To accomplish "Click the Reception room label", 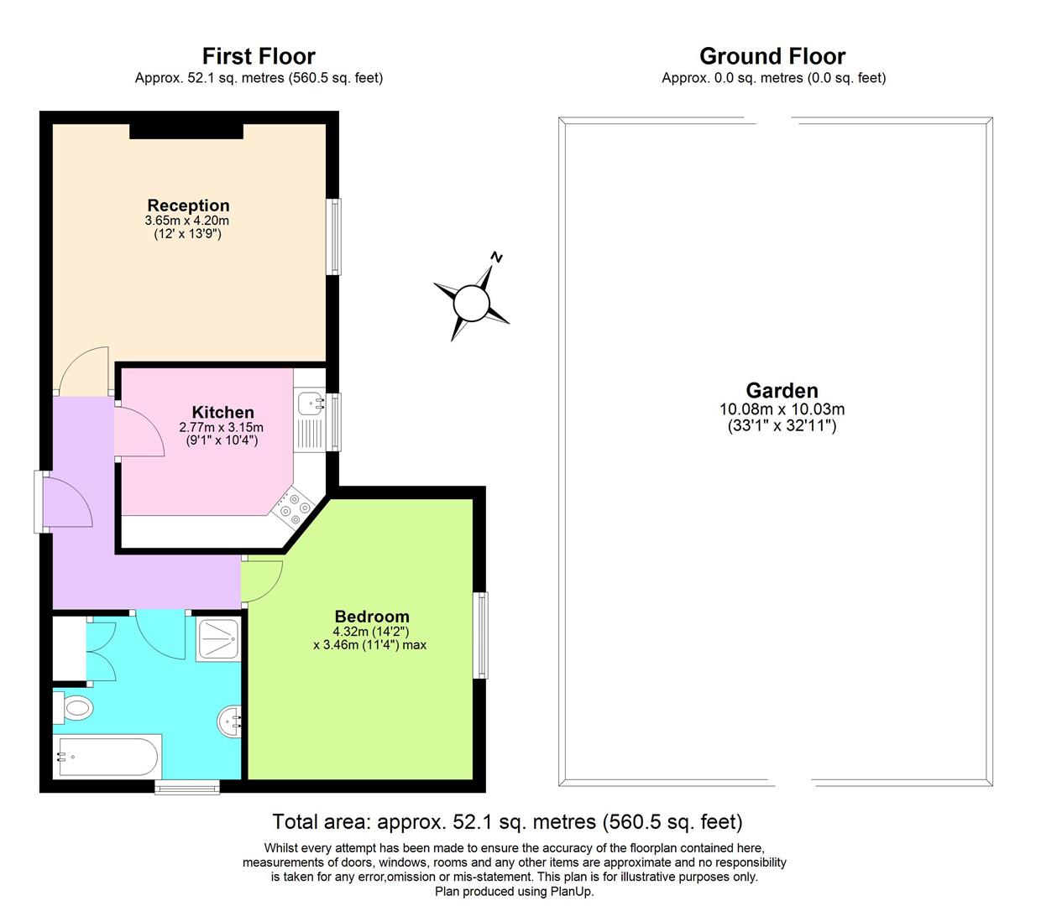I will point(188,206).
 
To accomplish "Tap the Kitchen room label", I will point(222,412).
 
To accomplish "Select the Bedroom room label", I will point(371,617).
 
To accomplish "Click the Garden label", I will point(782,390).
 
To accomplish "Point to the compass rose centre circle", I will point(471,303).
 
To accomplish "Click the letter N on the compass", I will point(497,257).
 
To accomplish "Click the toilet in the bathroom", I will point(73,708).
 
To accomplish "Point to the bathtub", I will point(107,757).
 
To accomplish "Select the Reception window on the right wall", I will point(334,237).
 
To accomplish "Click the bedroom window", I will point(480,635).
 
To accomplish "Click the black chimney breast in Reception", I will point(186,130).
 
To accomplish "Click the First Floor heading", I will point(259,56).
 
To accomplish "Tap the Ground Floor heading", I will point(772,56).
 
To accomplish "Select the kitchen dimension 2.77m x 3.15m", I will point(221,428).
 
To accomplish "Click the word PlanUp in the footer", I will point(572,892).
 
